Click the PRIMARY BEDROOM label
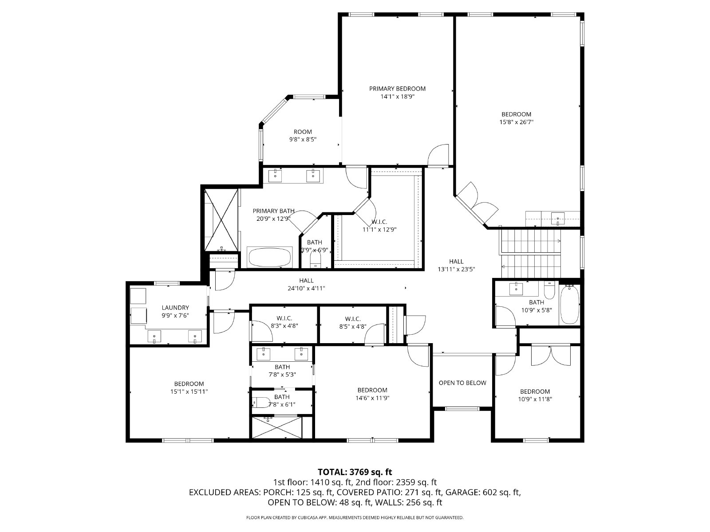click(x=397, y=89)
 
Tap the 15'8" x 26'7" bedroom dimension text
click(x=516, y=122)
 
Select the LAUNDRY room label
click(x=175, y=308)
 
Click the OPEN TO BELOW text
click(x=462, y=383)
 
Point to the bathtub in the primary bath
click(x=270, y=257)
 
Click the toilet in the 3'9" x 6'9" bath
click(x=316, y=260)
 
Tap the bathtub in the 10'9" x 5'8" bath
click(x=569, y=305)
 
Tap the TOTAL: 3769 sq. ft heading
click(x=355, y=472)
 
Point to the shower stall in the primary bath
click(x=221, y=220)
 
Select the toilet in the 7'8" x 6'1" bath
click(x=262, y=403)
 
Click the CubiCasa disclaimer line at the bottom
click(x=355, y=517)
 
